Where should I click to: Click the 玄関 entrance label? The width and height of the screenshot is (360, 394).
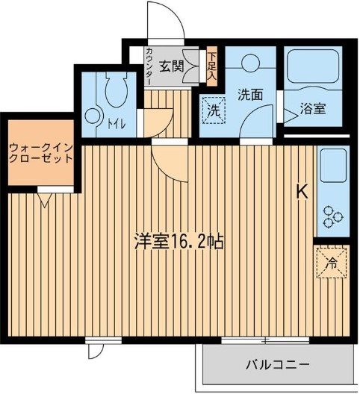point(172,65)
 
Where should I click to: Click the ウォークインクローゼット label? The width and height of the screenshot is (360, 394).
point(40,152)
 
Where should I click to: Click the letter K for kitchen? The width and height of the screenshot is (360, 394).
point(302,192)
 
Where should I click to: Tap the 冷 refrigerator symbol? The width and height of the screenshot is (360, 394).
point(332,262)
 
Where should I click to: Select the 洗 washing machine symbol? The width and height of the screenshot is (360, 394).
point(214,110)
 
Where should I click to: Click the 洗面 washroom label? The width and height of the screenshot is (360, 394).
point(250,95)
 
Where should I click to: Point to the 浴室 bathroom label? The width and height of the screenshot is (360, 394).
point(311,109)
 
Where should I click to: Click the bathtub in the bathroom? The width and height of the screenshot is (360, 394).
point(311,71)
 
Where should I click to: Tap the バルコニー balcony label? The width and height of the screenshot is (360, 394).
point(277,365)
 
